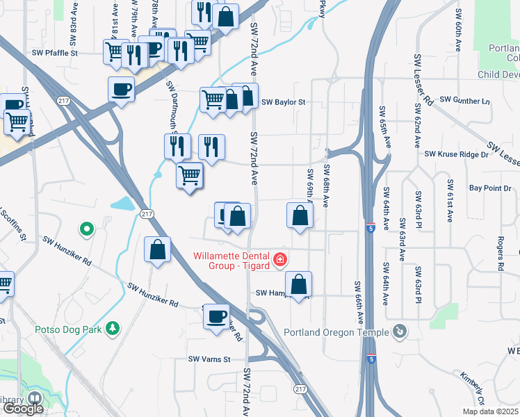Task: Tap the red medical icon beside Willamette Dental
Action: pos(280,259)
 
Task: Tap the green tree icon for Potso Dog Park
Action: pos(111,328)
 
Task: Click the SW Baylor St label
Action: pos(284,102)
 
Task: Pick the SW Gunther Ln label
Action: pos(461,101)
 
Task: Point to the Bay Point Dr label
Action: pos(489,188)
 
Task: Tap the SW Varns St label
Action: pos(209,359)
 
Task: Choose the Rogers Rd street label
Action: pos(499,252)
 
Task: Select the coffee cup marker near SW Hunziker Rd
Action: pos(216,316)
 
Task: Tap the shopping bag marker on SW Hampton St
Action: pos(298,284)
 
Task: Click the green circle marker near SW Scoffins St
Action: pos(87,227)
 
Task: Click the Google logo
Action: pos(23,408)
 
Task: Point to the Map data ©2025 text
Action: pos(489,411)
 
